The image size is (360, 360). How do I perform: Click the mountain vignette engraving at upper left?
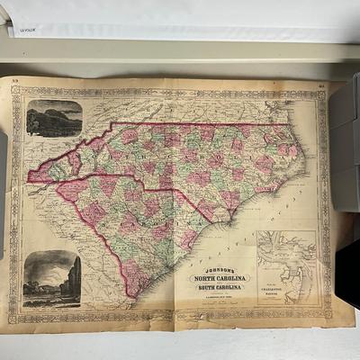(x=53, y=118)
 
